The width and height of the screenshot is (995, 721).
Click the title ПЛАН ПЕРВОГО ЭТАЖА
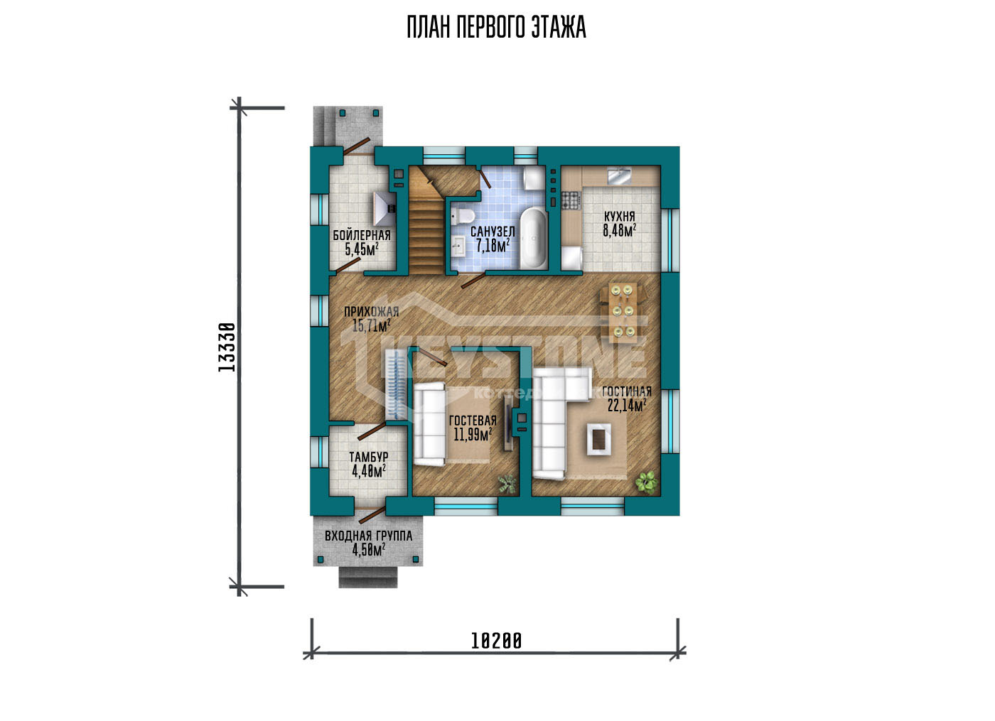pyautogui.click(x=497, y=28)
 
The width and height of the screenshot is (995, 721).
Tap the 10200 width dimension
pyautogui.click(x=496, y=641)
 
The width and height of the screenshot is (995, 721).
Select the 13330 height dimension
pyautogui.click(x=227, y=347)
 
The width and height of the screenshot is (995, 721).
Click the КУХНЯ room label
pyautogui.click(x=619, y=217)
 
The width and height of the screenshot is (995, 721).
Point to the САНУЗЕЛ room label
pyautogui.click(x=493, y=232)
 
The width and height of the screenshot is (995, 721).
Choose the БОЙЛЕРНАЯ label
pyautogui.click(x=362, y=235)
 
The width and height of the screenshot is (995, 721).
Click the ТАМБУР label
pyautogui.click(x=369, y=456)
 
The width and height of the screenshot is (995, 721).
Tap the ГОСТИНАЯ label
pyautogui.click(x=627, y=391)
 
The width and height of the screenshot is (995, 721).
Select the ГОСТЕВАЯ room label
pyautogui.click(x=473, y=421)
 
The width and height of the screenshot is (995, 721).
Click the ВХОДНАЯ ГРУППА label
pyautogui.click(x=369, y=536)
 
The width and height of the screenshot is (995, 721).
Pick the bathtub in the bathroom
pyautogui.click(x=533, y=239)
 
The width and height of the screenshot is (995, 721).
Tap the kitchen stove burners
pyautogui.click(x=570, y=200)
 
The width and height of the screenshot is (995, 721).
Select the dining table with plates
pyautogui.click(x=623, y=312)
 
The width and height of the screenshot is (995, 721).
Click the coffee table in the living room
pyautogui.click(x=599, y=439)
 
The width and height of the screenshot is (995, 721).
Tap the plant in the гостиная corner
pyautogui.click(x=646, y=482)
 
